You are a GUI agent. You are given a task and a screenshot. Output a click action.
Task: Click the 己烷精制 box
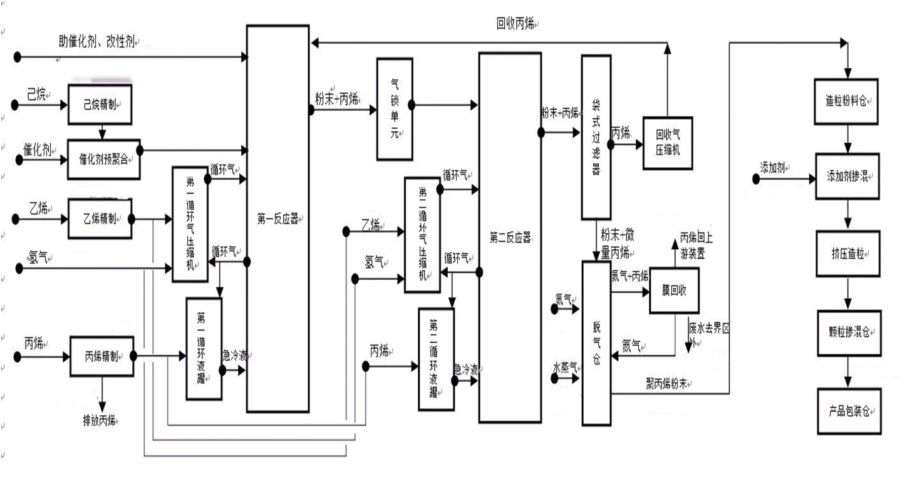[x=100, y=105]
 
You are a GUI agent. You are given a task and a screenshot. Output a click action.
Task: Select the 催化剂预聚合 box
[x=103, y=159]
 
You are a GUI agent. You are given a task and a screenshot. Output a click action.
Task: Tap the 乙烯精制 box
[x=100, y=219]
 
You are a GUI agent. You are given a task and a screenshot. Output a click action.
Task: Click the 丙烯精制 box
[x=101, y=356]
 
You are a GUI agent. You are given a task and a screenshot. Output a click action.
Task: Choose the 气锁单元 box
[x=395, y=109]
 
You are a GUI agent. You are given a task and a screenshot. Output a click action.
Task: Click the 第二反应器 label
[x=510, y=238]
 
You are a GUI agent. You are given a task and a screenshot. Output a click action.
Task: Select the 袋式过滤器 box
[x=596, y=136]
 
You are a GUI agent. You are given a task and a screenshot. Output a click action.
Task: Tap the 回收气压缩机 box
[x=667, y=143]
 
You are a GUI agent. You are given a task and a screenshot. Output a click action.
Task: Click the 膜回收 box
[x=673, y=291]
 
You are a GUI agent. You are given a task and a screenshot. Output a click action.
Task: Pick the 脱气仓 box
[x=596, y=343]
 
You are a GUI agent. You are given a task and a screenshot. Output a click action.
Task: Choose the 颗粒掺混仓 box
[x=848, y=333]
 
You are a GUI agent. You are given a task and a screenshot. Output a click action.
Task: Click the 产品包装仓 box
[x=848, y=411]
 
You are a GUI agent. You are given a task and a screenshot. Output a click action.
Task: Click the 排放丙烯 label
[x=100, y=419]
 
